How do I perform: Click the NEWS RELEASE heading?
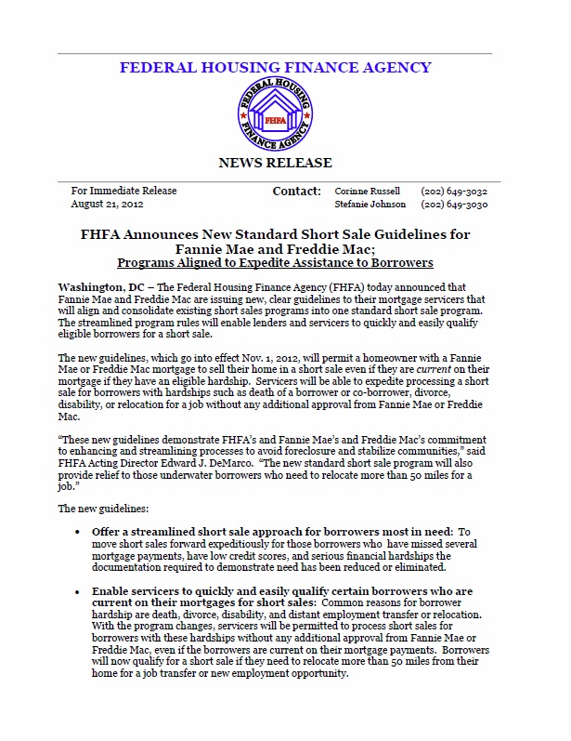tap(274, 163)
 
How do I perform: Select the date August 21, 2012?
tap(107, 205)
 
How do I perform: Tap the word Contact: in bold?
tap(296, 191)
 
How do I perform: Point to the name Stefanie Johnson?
tap(370, 205)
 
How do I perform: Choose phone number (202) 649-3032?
tap(454, 191)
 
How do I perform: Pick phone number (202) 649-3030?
tap(454, 205)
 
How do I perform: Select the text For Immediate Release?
tap(123, 191)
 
